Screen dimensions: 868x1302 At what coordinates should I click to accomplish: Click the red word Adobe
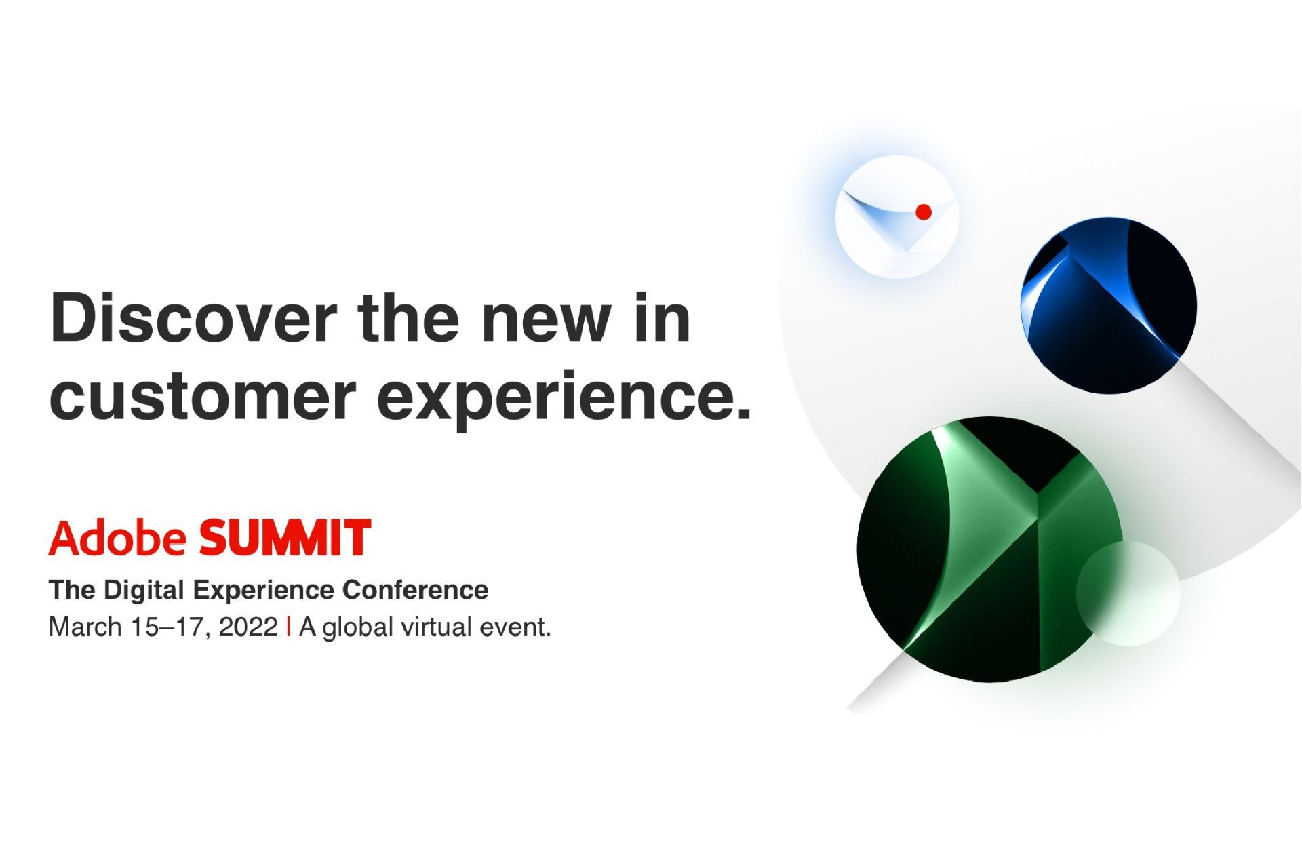pyautogui.click(x=117, y=538)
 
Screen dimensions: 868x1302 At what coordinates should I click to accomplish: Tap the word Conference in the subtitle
pyautogui.click(x=415, y=590)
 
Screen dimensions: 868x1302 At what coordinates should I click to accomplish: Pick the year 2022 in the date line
pyautogui.click(x=248, y=627)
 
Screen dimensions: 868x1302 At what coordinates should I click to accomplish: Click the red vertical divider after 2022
pyautogui.click(x=290, y=627)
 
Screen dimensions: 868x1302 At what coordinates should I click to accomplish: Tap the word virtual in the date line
pyautogui.click(x=437, y=627)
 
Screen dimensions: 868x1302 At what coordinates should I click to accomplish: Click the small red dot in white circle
pyautogui.click(x=923, y=212)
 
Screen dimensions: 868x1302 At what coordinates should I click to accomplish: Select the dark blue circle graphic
pyautogui.click(x=1108, y=305)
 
